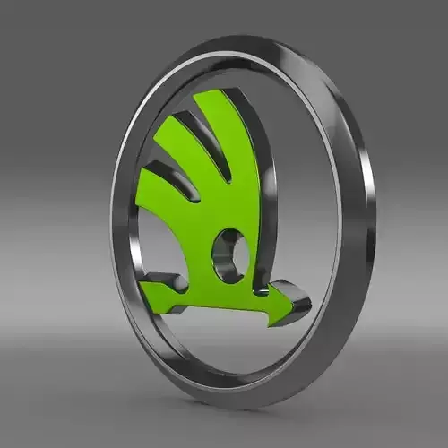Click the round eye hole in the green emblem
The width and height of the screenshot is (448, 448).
[x=229, y=254]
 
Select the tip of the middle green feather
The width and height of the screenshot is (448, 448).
[x=176, y=116]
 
